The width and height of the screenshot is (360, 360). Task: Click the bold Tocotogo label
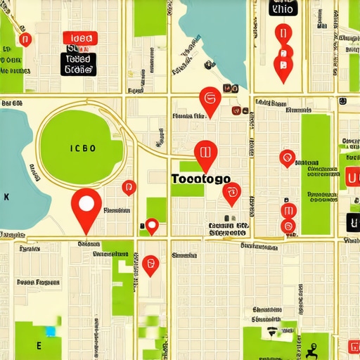200,179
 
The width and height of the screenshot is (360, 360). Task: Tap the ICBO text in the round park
84,148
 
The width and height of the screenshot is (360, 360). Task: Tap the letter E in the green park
39,346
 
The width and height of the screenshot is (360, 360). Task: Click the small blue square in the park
50,330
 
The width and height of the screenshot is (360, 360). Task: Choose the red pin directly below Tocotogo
231,193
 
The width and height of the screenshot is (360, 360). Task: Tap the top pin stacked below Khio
283,34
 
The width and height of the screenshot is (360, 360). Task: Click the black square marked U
353,223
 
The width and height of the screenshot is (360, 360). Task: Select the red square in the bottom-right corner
353,347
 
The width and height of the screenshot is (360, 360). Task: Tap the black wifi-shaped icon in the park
271,331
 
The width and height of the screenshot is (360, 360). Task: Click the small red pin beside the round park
128,188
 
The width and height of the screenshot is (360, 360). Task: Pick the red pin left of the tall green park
286,158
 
